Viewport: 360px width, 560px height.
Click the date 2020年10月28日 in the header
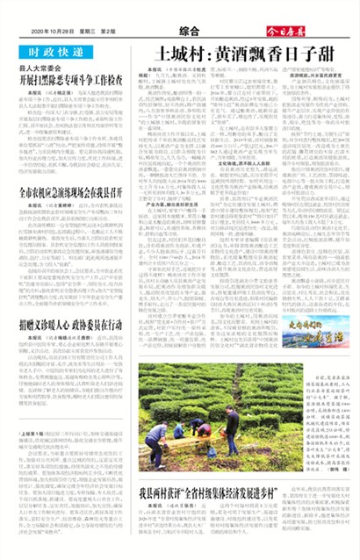(55, 32)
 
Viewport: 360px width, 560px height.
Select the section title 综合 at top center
(179, 30)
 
